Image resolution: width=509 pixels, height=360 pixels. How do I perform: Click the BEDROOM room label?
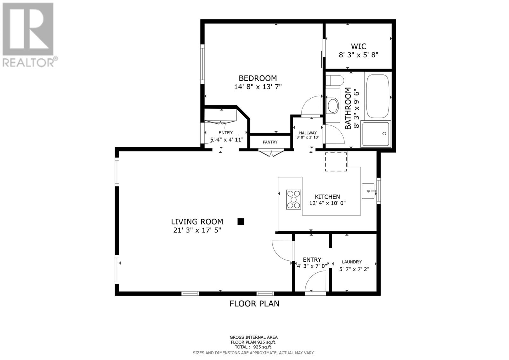[x=258, y=78]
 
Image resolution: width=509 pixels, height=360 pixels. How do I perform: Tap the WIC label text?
[x=359, y=46]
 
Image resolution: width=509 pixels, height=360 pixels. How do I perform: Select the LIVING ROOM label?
[x=197, y=222]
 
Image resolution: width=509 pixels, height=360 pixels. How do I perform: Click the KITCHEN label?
[x=327, y=197]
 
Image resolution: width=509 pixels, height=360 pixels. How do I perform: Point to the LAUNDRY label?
[x=352, y=262]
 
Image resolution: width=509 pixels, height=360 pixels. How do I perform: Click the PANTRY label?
[x=270, y=142]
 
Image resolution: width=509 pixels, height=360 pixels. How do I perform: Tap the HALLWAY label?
[x=308, y=133]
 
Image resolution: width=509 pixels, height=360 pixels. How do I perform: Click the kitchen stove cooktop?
[x=293, y=200]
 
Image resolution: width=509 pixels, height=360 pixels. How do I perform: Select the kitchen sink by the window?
[x=368, y=191]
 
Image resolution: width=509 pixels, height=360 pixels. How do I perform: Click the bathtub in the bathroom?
[x=377, y=96]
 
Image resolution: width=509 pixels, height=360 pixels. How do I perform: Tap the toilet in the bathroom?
[x=334, y=81]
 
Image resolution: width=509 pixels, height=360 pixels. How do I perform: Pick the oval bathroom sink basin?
[x=333, y=106]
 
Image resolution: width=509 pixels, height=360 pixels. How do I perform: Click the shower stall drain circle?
[x=384, y=133]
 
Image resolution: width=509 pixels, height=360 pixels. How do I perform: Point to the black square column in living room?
[x=241, y=222]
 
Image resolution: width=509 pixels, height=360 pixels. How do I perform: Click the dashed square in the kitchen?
[x=336, y=162]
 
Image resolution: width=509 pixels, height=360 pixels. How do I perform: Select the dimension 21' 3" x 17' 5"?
[x=197, y=230]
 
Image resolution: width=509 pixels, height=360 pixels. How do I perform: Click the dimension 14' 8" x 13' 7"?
[x=258, y=87]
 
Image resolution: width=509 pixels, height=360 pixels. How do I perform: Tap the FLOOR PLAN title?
[x=254, y=304]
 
